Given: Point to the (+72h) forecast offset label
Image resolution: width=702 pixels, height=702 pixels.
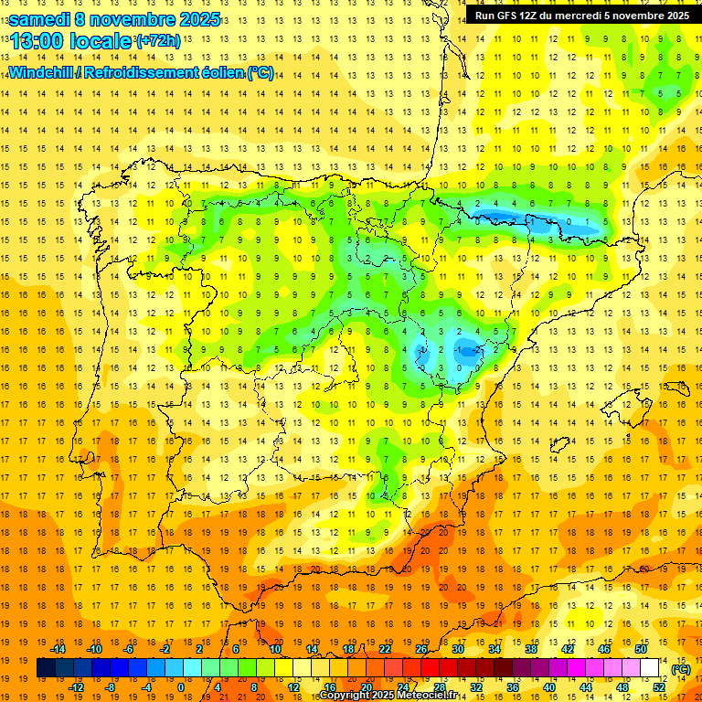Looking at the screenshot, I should (157, 41).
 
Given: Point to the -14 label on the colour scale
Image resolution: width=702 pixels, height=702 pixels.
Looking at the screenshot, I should (58, 649).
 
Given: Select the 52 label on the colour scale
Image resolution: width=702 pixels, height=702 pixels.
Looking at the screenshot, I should (659, 687).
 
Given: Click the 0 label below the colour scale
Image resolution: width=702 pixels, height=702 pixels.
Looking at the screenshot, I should (182, 687).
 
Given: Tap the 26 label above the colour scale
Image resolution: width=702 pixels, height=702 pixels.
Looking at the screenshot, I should (421, 649).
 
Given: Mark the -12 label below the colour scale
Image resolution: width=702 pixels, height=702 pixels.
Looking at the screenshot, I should (76, 687).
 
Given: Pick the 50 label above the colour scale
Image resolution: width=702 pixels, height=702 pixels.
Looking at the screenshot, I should (640, 649).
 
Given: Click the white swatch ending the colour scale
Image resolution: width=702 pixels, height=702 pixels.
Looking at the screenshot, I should (650, 668).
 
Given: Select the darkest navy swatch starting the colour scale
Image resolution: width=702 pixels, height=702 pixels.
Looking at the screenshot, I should (46, 668).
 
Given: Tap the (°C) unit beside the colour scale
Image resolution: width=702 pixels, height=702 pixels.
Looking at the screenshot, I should (680, 668).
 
